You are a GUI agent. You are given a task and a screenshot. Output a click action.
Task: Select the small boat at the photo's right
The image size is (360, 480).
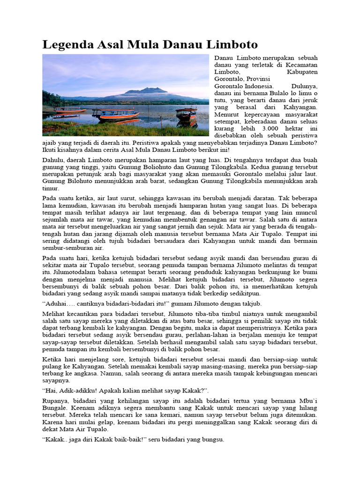pos(187,114)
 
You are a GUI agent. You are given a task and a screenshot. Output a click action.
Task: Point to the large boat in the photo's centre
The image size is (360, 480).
pos(116,114)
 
